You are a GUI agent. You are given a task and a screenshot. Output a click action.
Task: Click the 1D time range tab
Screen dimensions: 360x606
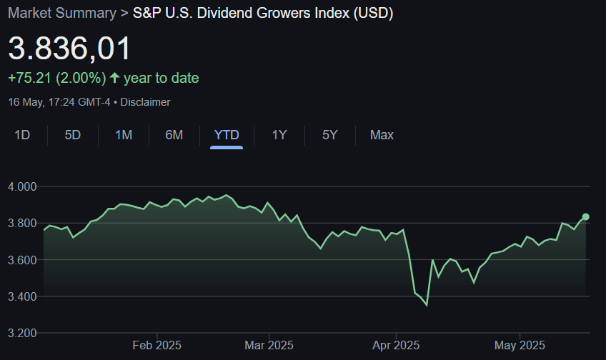22,135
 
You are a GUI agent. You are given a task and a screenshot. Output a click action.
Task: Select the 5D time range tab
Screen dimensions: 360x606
73,135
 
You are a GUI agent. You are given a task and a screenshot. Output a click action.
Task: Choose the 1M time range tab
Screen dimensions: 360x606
124,135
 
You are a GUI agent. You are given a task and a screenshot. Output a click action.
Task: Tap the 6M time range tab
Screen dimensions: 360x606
174,135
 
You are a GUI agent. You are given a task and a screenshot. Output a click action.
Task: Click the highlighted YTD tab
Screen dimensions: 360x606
227,135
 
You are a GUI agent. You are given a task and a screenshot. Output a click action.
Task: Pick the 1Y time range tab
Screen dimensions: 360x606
279,135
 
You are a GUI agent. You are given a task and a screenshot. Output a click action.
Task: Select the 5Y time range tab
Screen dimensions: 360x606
329,135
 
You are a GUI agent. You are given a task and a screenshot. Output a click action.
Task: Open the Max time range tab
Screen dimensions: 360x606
382,135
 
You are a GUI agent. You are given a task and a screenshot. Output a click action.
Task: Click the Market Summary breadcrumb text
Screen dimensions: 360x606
61,13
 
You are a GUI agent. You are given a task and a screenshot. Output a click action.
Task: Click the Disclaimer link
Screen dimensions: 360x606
145,102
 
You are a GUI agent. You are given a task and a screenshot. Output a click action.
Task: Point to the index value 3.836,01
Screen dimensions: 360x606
70,49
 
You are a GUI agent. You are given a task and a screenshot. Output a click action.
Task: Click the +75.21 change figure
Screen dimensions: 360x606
30,78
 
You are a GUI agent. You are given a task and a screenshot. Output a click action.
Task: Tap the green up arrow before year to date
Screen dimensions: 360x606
114,78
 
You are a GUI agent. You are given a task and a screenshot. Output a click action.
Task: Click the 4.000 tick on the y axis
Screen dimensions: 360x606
22,186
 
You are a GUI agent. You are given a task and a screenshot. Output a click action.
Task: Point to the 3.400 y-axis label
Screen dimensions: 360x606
22,296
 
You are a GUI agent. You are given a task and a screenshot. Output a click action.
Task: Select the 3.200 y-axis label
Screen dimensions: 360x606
22,333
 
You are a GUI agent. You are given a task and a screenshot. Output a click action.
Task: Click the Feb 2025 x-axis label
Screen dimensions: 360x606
157,346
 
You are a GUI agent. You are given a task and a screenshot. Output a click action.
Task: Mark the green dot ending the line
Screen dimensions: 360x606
586,216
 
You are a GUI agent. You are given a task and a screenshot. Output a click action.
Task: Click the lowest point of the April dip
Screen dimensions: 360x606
427,305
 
